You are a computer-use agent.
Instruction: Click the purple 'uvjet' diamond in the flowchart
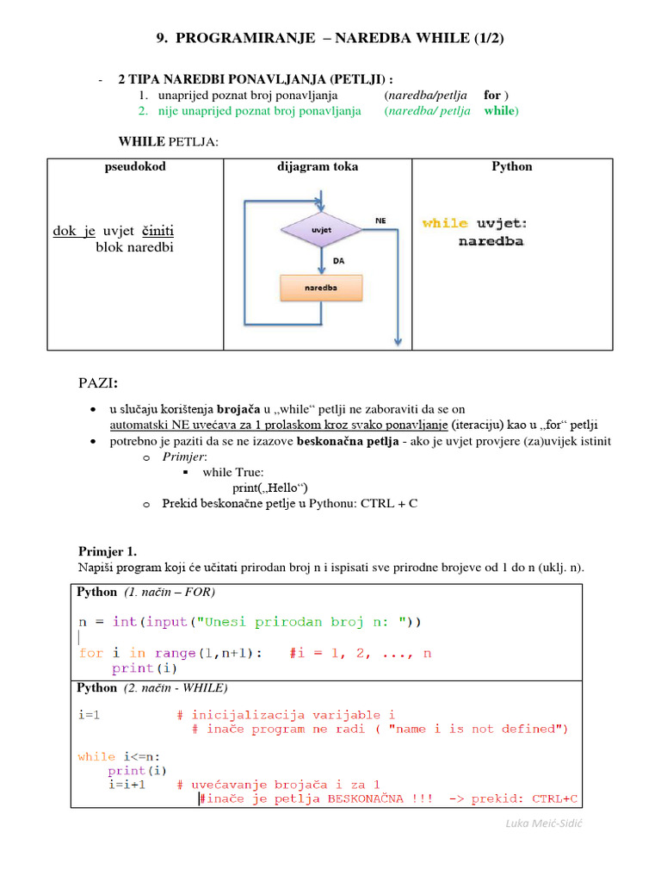tap(321, 230)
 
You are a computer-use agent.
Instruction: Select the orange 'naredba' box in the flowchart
tap(321, 288)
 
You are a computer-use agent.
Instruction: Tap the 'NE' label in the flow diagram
tap(380, 220)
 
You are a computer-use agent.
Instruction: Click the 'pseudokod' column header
tap(134, 167)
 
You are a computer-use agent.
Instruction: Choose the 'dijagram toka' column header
tap(318, 167)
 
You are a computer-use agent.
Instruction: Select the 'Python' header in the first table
tap(512, 167)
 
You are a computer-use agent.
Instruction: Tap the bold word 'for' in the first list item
tap(492, 96)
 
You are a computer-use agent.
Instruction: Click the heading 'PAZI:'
tap(99, 382)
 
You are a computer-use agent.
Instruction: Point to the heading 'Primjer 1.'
tap(108, 551)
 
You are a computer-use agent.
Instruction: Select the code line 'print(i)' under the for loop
tap(133, 668)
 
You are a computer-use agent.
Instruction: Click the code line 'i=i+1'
tap(127, 785)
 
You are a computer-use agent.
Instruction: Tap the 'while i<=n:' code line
tap(119, 756)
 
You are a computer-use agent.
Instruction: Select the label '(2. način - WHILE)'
tap(176, 688)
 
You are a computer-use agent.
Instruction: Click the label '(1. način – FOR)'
tap(170, 593)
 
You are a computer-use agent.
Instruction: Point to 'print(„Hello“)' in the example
tap(271, 488)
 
